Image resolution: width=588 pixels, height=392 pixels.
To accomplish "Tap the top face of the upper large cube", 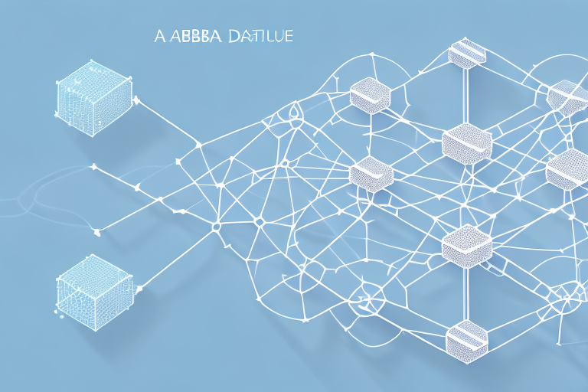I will pyautogui.click(x=91, y=77).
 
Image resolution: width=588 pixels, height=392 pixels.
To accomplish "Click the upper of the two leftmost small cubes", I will pyautogui.click(x=371, y=96).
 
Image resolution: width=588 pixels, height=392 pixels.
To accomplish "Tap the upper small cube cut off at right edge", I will pyautogui.click(x=568, y=98).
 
